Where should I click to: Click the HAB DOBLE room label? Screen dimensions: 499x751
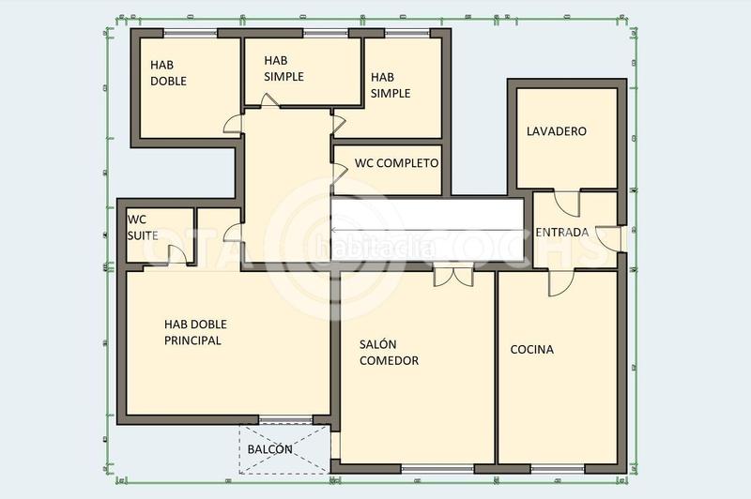click(x=169, y=73)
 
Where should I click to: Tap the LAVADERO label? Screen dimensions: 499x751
click(x=556, y=131)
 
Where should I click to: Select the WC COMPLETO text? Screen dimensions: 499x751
click(x=396, y=163)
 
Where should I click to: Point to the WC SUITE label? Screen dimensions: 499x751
click(x=143, y=227)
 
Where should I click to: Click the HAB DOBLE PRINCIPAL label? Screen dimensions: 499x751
click(x=195, y=332)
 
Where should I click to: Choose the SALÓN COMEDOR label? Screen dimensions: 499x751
click(x=389, y=353)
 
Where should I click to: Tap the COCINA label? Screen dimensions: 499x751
click(x=531, y=350)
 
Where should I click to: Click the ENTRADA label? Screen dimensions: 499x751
click(x=561, y=233)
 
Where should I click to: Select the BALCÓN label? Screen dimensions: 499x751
click(x=269, y=449)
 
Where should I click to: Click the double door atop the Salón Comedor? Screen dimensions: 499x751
click(x=453, y=276)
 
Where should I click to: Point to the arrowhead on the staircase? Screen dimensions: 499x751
click(x=339, y=232)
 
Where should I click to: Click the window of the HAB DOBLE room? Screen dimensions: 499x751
click(x=192, y=33)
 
